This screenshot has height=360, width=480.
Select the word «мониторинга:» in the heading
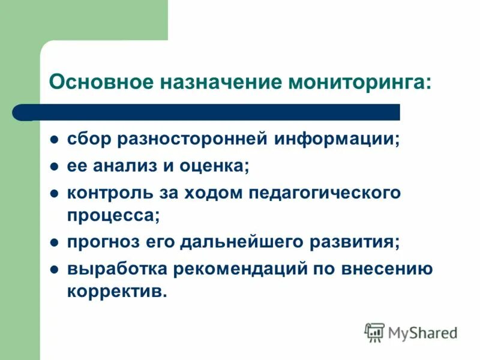click(x=360, y=81)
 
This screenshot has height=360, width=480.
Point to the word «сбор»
click(x=88, y=139)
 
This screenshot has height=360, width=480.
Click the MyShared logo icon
click(x=374, y=331)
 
